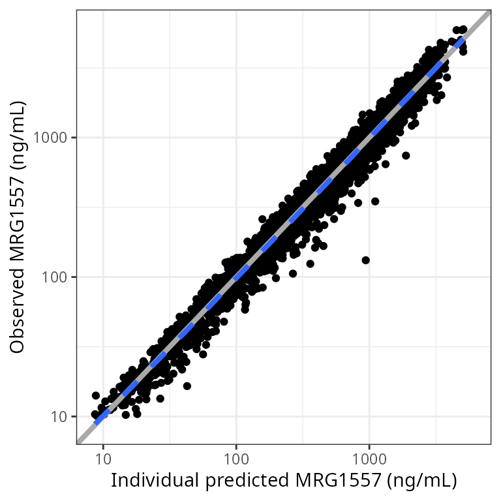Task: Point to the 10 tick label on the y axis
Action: pos(59,416)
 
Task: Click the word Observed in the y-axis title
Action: pos(19,314)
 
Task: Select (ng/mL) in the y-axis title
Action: pos(19,134)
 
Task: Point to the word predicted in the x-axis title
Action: pos(234,481)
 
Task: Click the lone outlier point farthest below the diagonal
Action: pos(366,260)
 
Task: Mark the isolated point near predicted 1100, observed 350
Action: pos(374,202)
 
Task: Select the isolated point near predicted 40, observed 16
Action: pos(187,386)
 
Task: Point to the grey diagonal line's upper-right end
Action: pos(489,12)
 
